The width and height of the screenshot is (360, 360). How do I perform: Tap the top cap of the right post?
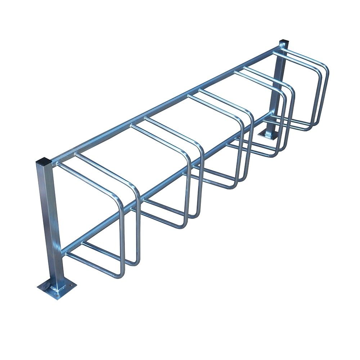coord(284,44)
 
